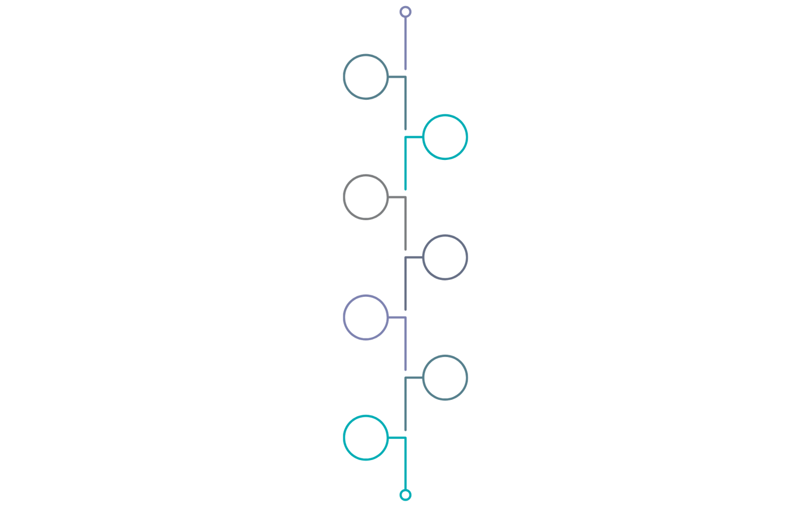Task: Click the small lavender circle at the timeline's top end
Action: [405, 12]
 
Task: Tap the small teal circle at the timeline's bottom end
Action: [405, 495]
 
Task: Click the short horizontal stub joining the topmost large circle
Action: [396, 77]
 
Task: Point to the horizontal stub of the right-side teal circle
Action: [414, 137]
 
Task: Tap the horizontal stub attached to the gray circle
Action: [396, 197]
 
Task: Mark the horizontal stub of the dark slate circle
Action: [414, 257]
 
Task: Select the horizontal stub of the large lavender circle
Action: [396, 318]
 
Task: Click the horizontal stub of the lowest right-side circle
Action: [414, 378]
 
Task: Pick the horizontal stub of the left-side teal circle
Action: [396, 438]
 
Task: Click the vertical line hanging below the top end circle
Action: [405, 43]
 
